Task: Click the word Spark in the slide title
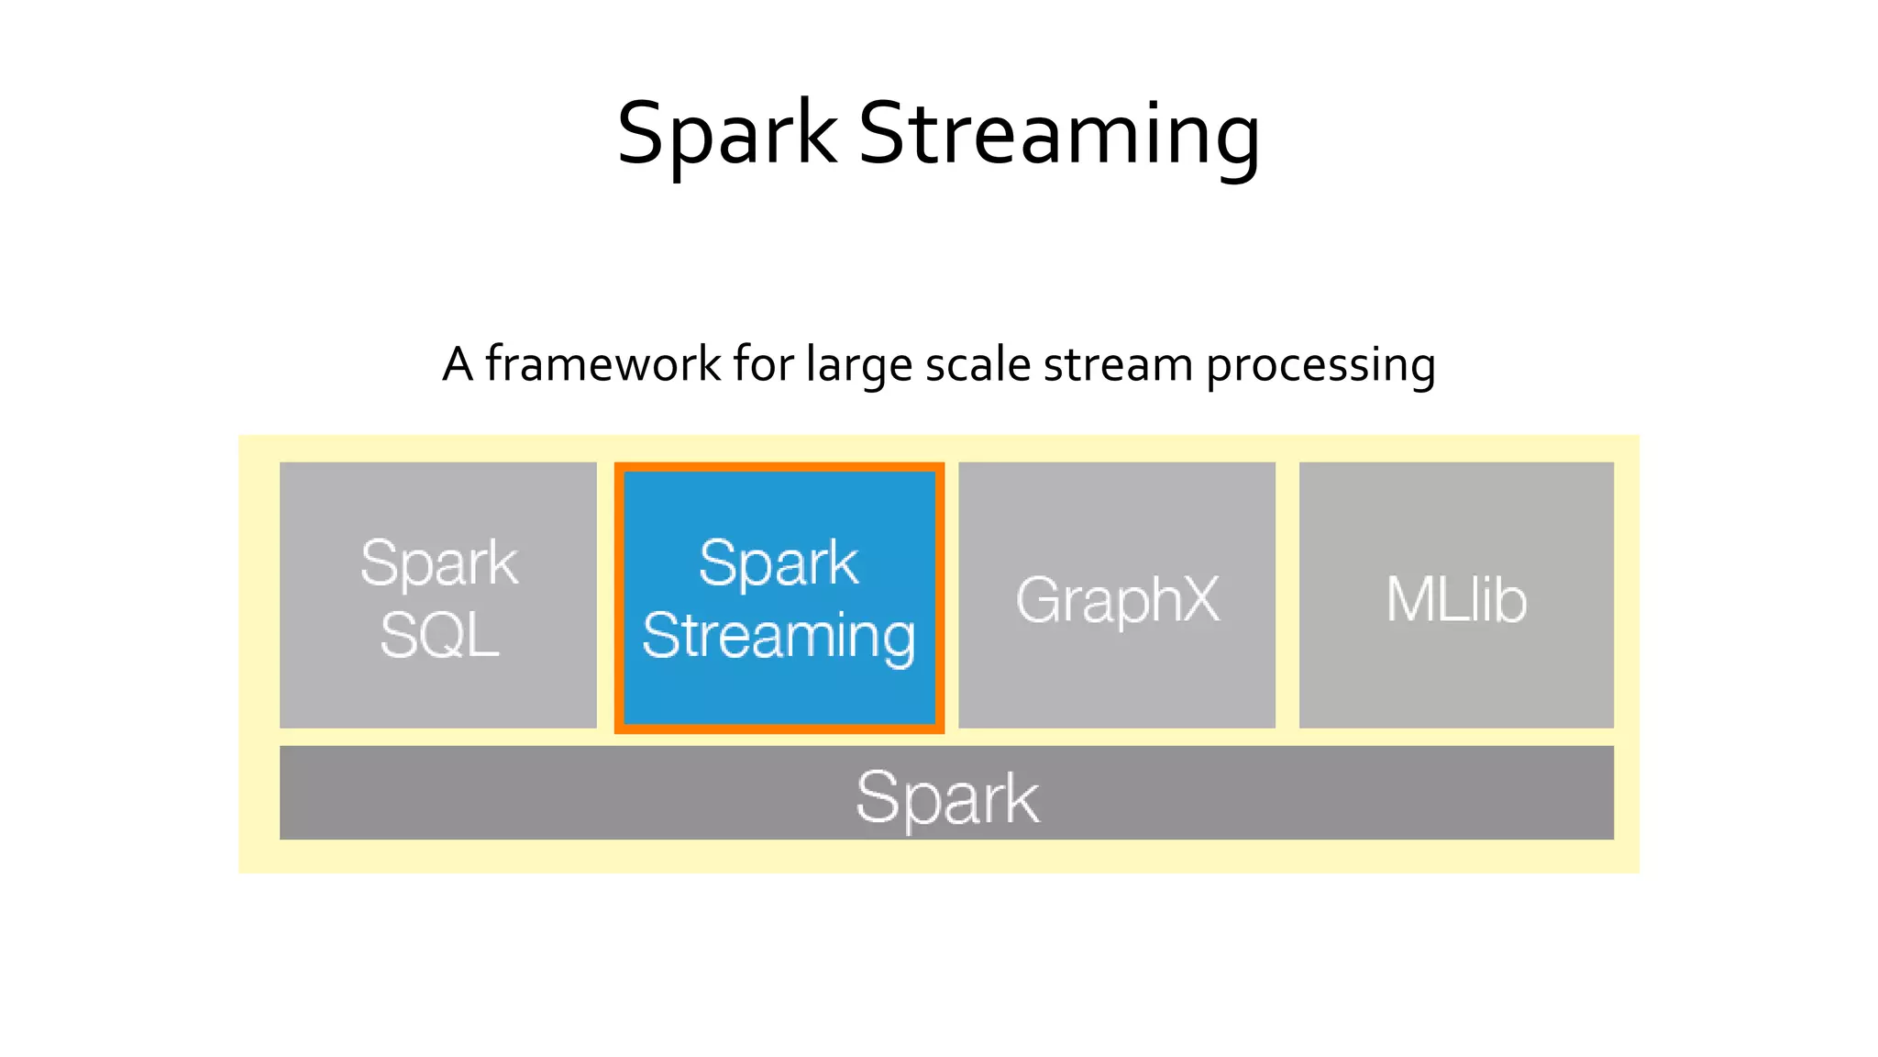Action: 726,135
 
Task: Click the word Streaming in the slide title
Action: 1059,135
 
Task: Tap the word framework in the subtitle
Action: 602,364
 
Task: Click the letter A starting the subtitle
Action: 458,364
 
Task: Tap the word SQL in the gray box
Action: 439,635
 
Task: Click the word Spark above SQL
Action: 439,563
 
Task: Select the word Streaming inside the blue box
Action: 779,635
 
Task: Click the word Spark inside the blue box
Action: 779,563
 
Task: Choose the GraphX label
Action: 1117,600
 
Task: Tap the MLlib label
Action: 1456,600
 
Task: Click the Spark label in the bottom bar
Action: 947,797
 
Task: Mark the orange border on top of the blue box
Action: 779,467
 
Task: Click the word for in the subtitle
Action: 763,364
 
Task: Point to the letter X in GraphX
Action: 1194,599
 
